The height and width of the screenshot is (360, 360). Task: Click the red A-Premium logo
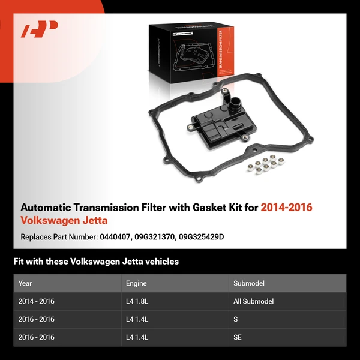40,29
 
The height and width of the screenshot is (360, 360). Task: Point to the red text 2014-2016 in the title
287,208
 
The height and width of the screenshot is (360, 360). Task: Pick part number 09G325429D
203,237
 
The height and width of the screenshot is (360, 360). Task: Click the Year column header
25,283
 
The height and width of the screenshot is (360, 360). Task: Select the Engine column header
136,283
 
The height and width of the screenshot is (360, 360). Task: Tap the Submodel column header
248,283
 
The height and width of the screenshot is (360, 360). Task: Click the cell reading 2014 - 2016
37,301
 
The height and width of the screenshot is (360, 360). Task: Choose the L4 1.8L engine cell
139,301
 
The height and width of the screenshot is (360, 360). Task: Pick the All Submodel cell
254,301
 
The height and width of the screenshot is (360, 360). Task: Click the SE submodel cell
238,337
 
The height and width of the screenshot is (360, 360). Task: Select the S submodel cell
236,319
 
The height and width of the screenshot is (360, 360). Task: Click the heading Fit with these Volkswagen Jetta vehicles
96,262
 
